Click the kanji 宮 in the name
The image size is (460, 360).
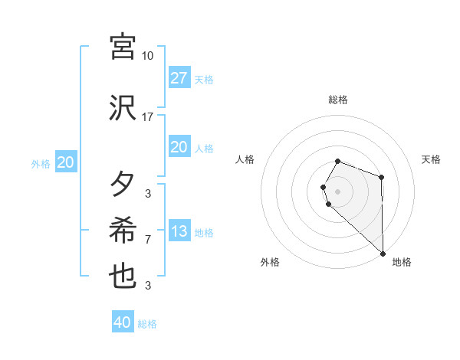click(x=123, y=47)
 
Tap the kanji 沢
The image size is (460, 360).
click(x=123, y=108)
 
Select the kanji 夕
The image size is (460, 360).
click(x=123, y=185)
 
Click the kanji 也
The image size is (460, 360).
click(x=123, y=277)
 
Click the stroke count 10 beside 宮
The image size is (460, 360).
click(x=148, y=56)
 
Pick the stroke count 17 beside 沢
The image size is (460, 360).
click(x=148, y=117)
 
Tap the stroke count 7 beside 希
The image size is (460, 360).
click(x=148, y=240)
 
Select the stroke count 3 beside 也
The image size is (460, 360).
click(x=148, y=286)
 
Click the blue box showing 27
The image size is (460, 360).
click(x=179, y=78)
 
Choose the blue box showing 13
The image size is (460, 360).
click(x=179, y=232)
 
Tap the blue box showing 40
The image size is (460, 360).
click(x=122, y=322)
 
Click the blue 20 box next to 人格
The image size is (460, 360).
click(x=179, y=147)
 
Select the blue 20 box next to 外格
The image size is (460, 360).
click(x=66, y=162)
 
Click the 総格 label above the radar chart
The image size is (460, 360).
click(x=338, y=100)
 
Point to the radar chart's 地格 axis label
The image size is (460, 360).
click(x=402, y=262)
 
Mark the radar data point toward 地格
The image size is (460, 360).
click(x=383, y=253)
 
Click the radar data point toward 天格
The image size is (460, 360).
click(x=381, y=178)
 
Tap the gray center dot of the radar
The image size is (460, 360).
click(x=338, y=191)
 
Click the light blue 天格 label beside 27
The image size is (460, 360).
click(x=204, y=80)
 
